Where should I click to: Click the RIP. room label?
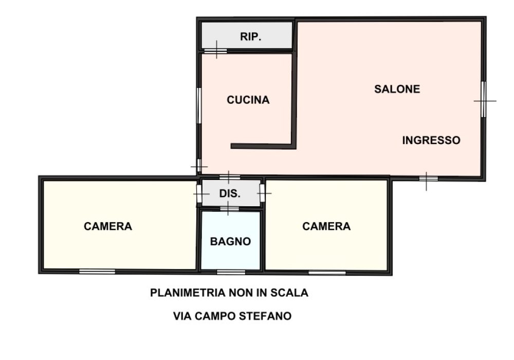(251, 37)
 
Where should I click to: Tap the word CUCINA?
(248, 100)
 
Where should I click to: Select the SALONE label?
(397, 89)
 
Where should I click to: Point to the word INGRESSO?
(431, 140)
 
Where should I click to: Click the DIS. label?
(230, 194)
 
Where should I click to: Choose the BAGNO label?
(230, 241)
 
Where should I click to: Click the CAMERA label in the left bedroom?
(108, 226)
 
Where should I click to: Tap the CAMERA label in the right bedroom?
(326, 226)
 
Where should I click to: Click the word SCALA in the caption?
(291, 293)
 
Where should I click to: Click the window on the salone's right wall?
(483, 100)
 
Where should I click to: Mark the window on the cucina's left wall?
(199, 105)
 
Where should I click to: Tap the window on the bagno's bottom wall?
(231, 272)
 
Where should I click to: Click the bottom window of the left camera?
(97, 272)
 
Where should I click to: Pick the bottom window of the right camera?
(327, 273)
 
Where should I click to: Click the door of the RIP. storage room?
(215, 50)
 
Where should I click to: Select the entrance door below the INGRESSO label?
(428, 179)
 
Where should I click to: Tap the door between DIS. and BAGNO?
(229, 208)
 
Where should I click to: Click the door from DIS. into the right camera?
(262, 193)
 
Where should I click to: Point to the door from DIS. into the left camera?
(198, 194)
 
